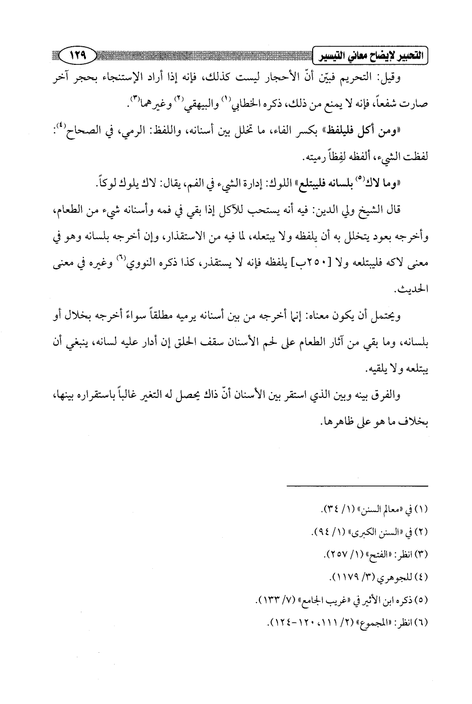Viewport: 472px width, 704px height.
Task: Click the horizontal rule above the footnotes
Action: [357, 485]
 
